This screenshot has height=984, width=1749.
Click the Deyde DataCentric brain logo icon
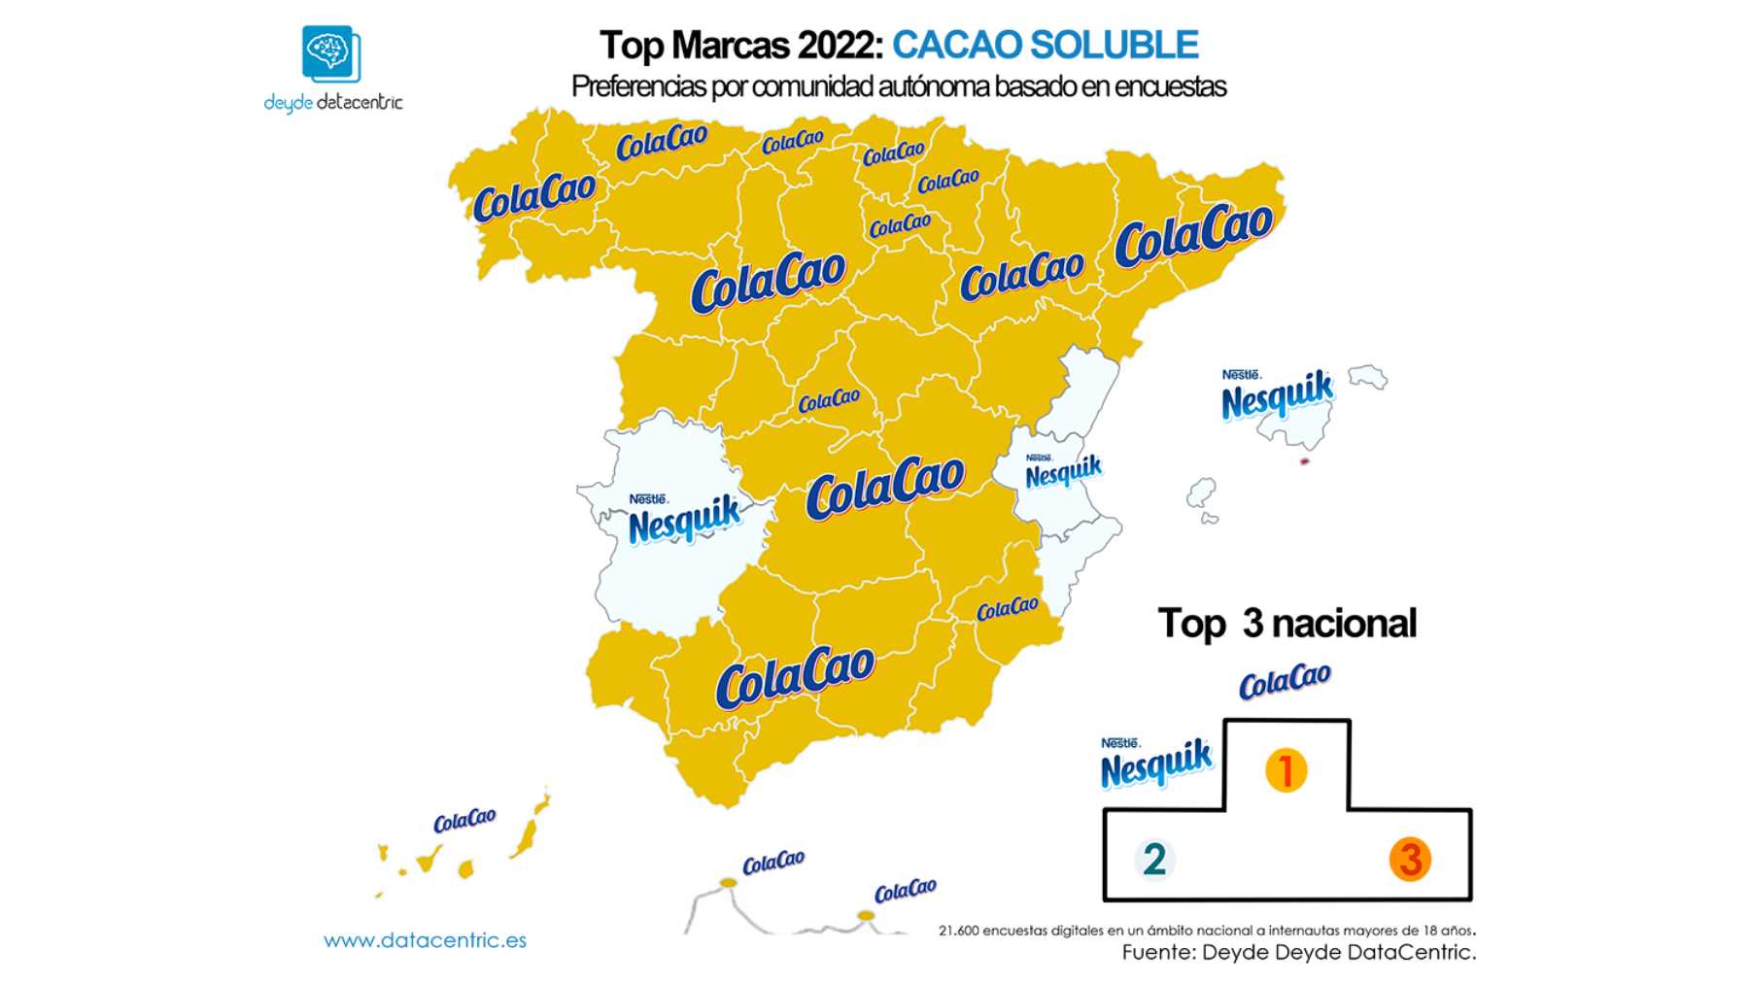coord(330,53)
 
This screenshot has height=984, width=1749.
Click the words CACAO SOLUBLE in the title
coord(1045,45)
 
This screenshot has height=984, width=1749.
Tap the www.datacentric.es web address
coord(425,940)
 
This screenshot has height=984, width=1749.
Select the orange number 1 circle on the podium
coord(1286,770)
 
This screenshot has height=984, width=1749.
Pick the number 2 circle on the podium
coord(1154,859)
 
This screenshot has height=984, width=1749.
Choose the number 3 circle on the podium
coord(1410,859)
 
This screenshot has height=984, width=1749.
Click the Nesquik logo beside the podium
coord(1156,763)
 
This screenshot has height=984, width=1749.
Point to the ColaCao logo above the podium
coord(1285,681)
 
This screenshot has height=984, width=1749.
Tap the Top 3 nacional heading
coord(1286,624)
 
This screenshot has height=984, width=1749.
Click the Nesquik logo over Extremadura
coord(684,520)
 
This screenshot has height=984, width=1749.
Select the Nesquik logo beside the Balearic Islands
coord(1277,394)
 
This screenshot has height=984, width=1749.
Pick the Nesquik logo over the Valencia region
coord(1063,472)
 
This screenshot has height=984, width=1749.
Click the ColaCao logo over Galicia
coord(533,196)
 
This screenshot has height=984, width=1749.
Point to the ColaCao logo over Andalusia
coord(795,675)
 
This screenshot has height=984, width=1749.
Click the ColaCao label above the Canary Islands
coord(464,821)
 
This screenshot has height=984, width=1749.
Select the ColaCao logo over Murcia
coord(1007,609)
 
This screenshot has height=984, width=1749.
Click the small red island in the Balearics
coord(1304,461)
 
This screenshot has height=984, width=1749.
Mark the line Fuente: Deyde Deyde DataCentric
coord(1298,952)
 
